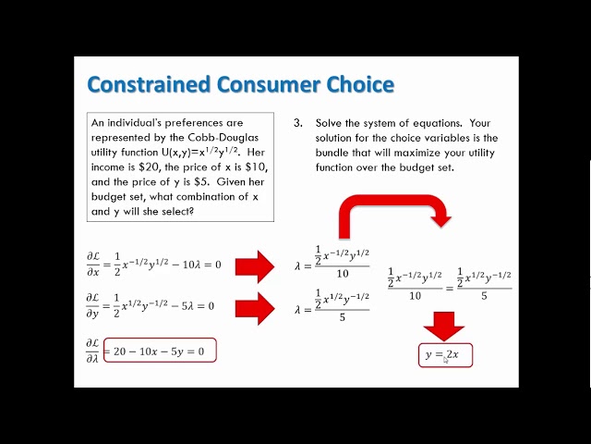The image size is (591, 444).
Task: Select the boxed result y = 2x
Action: point(443,354)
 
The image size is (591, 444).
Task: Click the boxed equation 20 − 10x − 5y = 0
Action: point(159,351)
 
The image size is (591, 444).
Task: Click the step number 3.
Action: point(298,122)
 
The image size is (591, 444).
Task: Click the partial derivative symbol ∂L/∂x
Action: point(93,265)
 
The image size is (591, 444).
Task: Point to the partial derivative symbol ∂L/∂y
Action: point(93,306)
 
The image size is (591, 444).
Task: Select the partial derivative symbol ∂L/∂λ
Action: point(93,351)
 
